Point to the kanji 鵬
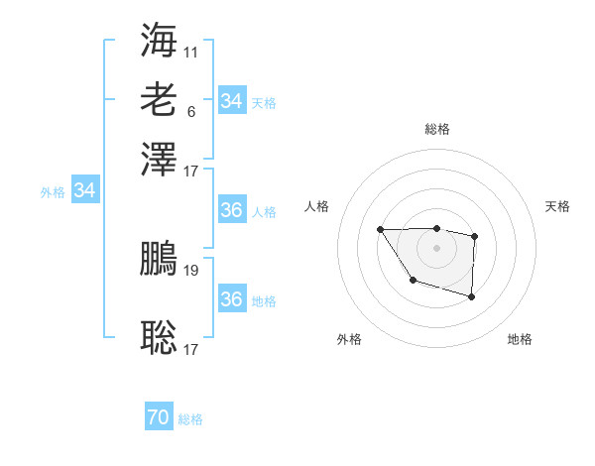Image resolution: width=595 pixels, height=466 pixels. [x=159, y=260]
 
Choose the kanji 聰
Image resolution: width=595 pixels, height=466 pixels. [x=159, y=337]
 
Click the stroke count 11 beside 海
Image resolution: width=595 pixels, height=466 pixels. [x=191, y=50]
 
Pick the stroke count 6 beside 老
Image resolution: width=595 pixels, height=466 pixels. [x=190, y=110]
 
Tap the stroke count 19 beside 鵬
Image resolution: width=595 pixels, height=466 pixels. [x=191, y=270]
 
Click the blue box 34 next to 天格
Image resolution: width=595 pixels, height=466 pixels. [x=231, y=101]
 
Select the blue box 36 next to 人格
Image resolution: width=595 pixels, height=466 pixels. [x=231, y=211]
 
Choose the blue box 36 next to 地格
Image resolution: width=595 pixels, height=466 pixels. [x=231, y=299]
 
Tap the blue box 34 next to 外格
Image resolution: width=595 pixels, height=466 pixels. [x=84, y=190]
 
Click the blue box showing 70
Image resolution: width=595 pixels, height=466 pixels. [x=158, y=418]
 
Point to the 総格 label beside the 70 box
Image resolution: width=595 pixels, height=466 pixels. [x=190, y=420]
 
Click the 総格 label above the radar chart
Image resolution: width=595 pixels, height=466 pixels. [x=437, y=129]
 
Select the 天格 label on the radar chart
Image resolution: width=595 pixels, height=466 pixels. [x=558, y=206]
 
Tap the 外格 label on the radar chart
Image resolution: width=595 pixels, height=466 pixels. [x=349, y=339]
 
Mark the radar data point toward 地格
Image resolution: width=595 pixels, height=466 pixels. [x=472, y=296]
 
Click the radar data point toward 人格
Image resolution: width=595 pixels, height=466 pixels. [x=381, y=230]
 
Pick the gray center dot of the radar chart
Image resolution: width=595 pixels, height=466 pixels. [x=437, y=247]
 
